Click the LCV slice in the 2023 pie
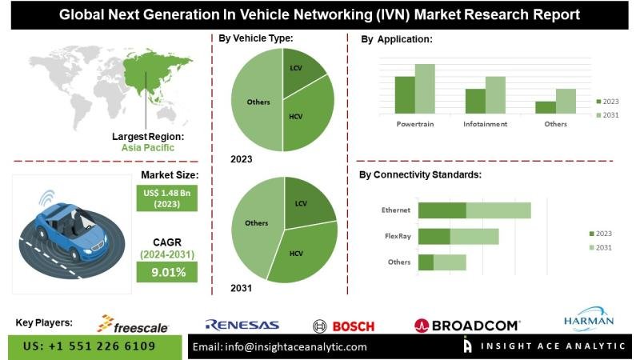click(303, 71)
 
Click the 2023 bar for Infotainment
click(475, 101)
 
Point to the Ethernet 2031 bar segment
click(498, 210)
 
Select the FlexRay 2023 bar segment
click(434, 237)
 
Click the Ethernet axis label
click(396, 210)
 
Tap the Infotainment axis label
click(485, 124)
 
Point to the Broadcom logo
click(467, 325)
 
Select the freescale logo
click(134, 324)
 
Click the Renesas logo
click(242, 325)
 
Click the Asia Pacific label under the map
click(147, 148)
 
